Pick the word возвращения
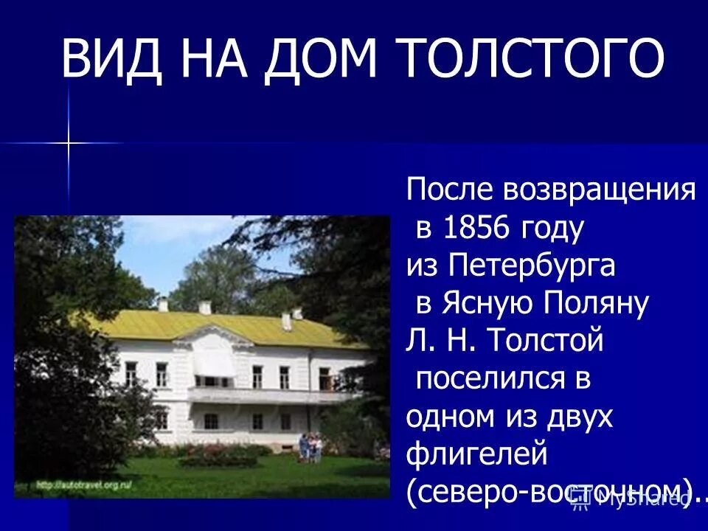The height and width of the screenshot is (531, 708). pyautogui.click(x=599, y=191)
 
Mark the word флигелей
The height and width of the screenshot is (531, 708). pyautogui.click(x=476, y=454)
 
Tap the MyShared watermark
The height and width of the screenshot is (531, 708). pyautogui.click(x=633, y=501)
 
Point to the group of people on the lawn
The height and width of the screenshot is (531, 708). pyautogui.click(x=310, y=447)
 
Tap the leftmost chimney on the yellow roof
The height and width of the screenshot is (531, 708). pyautogui.click(x=163, y=305)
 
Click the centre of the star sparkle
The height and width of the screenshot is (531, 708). pyautogui.click(x=69, y=142)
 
